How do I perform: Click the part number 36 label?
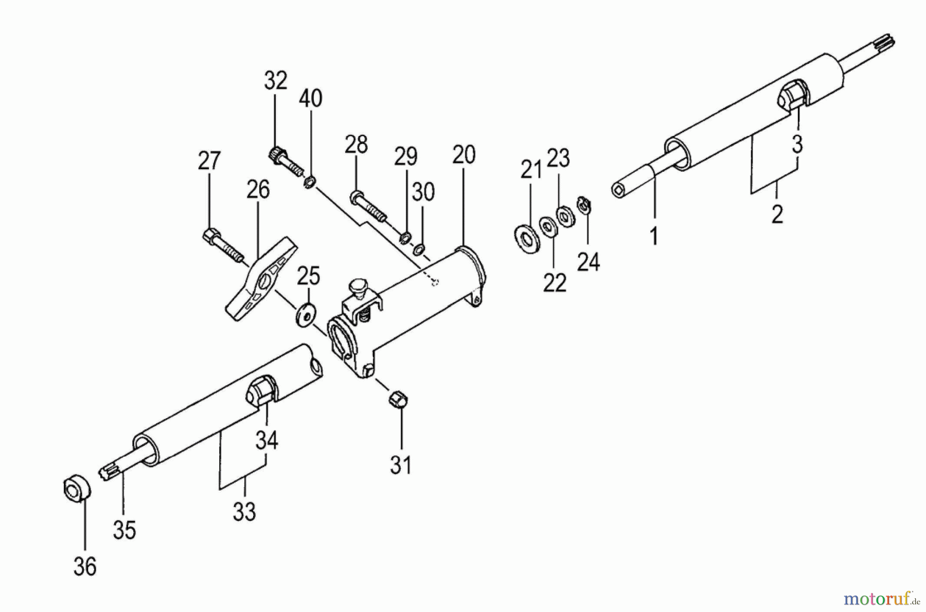85,567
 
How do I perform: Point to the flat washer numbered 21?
526,238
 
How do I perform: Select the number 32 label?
275,81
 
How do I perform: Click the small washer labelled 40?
310,182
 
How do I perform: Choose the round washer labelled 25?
307,314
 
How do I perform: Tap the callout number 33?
244,512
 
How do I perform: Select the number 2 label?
777,214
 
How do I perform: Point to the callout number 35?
124,530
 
